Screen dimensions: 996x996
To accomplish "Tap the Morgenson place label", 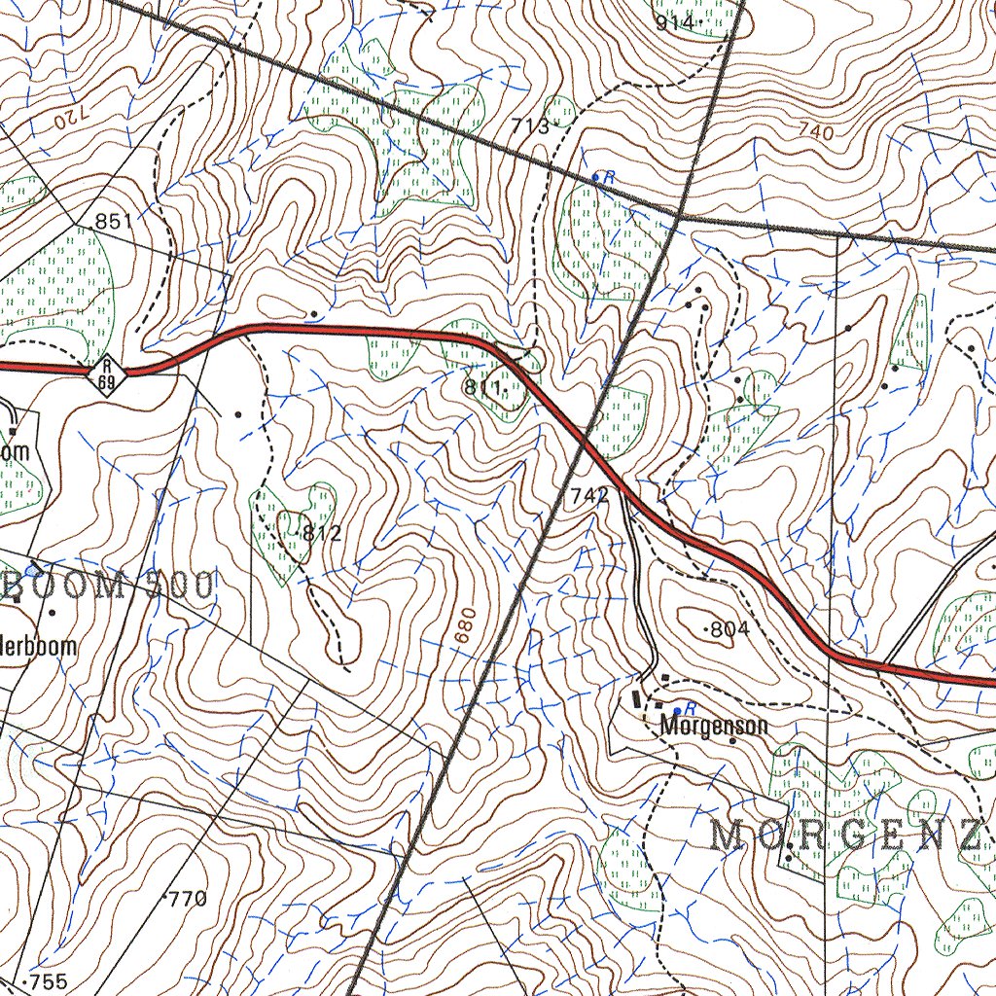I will pyautogui.click(x=714, y=726).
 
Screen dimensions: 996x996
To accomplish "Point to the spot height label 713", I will pyautogui.click(x=532, y=124).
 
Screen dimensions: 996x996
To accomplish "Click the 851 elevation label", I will pyautogui.click(x=113, y=222).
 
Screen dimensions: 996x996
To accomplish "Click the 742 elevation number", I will pyautogui.click(x=589, y=496).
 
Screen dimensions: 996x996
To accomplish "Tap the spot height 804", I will pyautogui.click(x=729, y=629).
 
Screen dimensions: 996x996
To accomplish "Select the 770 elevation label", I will pyautogui.click(x=186, y=898).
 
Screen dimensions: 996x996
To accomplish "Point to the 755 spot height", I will pyautogui.click(x=48, y=982).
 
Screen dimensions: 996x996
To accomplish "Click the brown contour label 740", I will pyautogui.click(x=814, y=131).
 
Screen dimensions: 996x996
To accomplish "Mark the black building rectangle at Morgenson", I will pyautogui.click(x=637, y=698).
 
